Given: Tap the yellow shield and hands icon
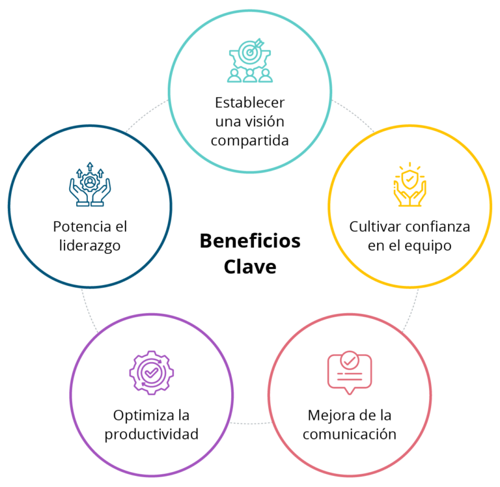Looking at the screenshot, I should point(410,186).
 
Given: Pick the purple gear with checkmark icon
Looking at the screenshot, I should point(151,373).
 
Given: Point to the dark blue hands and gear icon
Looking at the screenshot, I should point(90,186).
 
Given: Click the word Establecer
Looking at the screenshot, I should point(250,103).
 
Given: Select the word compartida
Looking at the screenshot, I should point(250,141).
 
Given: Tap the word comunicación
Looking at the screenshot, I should point(349,434).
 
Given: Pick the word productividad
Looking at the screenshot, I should point(151,434).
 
